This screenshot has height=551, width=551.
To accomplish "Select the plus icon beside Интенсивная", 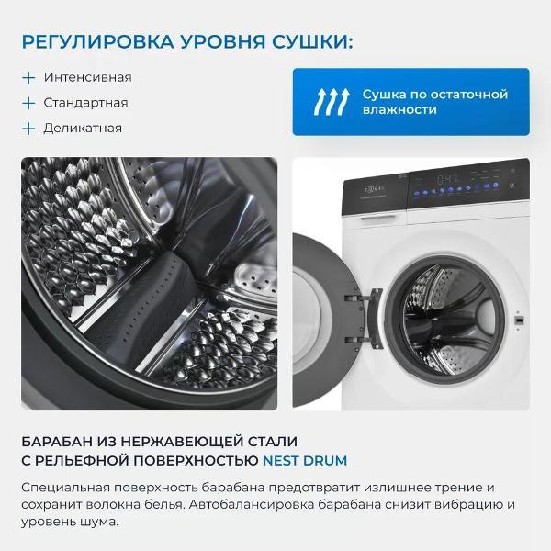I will point(29,77).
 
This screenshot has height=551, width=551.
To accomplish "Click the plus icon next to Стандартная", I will point(29,103).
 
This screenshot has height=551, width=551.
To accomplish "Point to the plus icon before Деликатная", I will point(29,129).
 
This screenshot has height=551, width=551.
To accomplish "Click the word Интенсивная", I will point(87,77).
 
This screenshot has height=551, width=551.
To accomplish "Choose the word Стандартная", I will point(85,103).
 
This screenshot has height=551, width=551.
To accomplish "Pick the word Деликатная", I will point(82,129).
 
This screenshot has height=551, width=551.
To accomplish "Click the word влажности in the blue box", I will point(399,110).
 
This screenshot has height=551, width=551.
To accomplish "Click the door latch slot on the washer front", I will point(521,320).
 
